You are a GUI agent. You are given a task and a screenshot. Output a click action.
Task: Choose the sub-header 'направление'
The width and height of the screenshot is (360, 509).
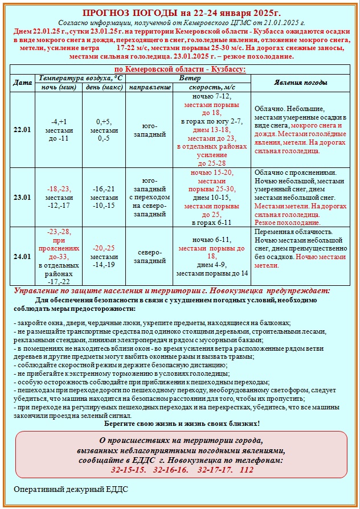click(x=150, y=88)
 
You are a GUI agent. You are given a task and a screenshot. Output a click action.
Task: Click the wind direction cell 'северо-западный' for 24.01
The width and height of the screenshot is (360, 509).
click(x=150, y=256)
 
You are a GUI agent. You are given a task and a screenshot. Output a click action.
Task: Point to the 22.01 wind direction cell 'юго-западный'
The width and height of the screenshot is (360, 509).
click(x=150, y=130)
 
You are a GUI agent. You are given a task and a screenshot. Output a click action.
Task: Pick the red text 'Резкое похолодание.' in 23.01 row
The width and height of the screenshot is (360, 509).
click(x=285, y=223)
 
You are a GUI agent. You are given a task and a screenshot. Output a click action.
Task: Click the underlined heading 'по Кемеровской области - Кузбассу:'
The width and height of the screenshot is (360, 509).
click(x=180, y=69)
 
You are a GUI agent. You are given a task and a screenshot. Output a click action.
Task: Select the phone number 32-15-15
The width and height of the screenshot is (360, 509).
click(x=128, y=470)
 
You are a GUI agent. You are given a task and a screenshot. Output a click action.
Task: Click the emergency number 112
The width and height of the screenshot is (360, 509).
click(x=247, y=470)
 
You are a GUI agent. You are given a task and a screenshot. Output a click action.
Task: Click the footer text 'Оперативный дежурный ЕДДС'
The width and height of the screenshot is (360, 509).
click(x=72, y=489)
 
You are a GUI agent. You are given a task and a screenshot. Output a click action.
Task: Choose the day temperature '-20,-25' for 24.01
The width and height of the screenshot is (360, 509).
click(x=104, y=248)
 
